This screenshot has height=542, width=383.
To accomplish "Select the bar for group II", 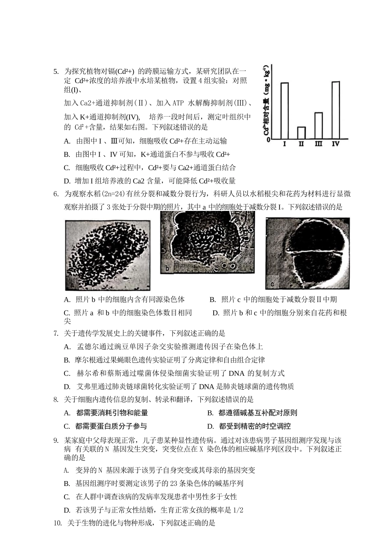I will [x=301, y=133].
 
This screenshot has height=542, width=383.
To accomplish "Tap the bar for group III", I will [x=318, y=125].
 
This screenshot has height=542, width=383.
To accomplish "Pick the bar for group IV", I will [x=335, y=110].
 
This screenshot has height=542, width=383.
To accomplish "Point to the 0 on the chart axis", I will [x=268, y=140].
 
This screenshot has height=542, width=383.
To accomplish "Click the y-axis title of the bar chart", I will [x=266, y=103].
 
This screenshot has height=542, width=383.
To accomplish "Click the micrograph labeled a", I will [x=107, y=255].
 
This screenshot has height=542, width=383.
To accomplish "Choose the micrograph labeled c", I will [x=307, y=253].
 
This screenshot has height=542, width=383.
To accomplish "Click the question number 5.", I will [x=56, y=72].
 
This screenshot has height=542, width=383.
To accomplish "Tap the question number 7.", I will [x=56, y=334].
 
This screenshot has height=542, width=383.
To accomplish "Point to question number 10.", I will [x=58, y=523].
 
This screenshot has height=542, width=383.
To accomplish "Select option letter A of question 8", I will [x=67, y=413].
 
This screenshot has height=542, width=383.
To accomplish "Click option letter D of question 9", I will [x=67, y=510].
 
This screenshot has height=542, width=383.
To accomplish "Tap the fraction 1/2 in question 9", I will [x=238, y=510].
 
